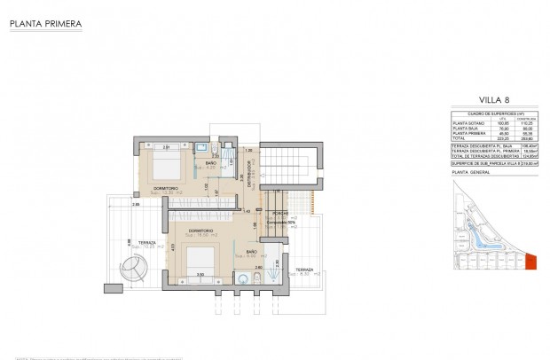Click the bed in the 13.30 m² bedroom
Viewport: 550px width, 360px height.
[x=163, y=165]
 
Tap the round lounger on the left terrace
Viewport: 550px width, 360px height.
[x=136, y=264]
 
